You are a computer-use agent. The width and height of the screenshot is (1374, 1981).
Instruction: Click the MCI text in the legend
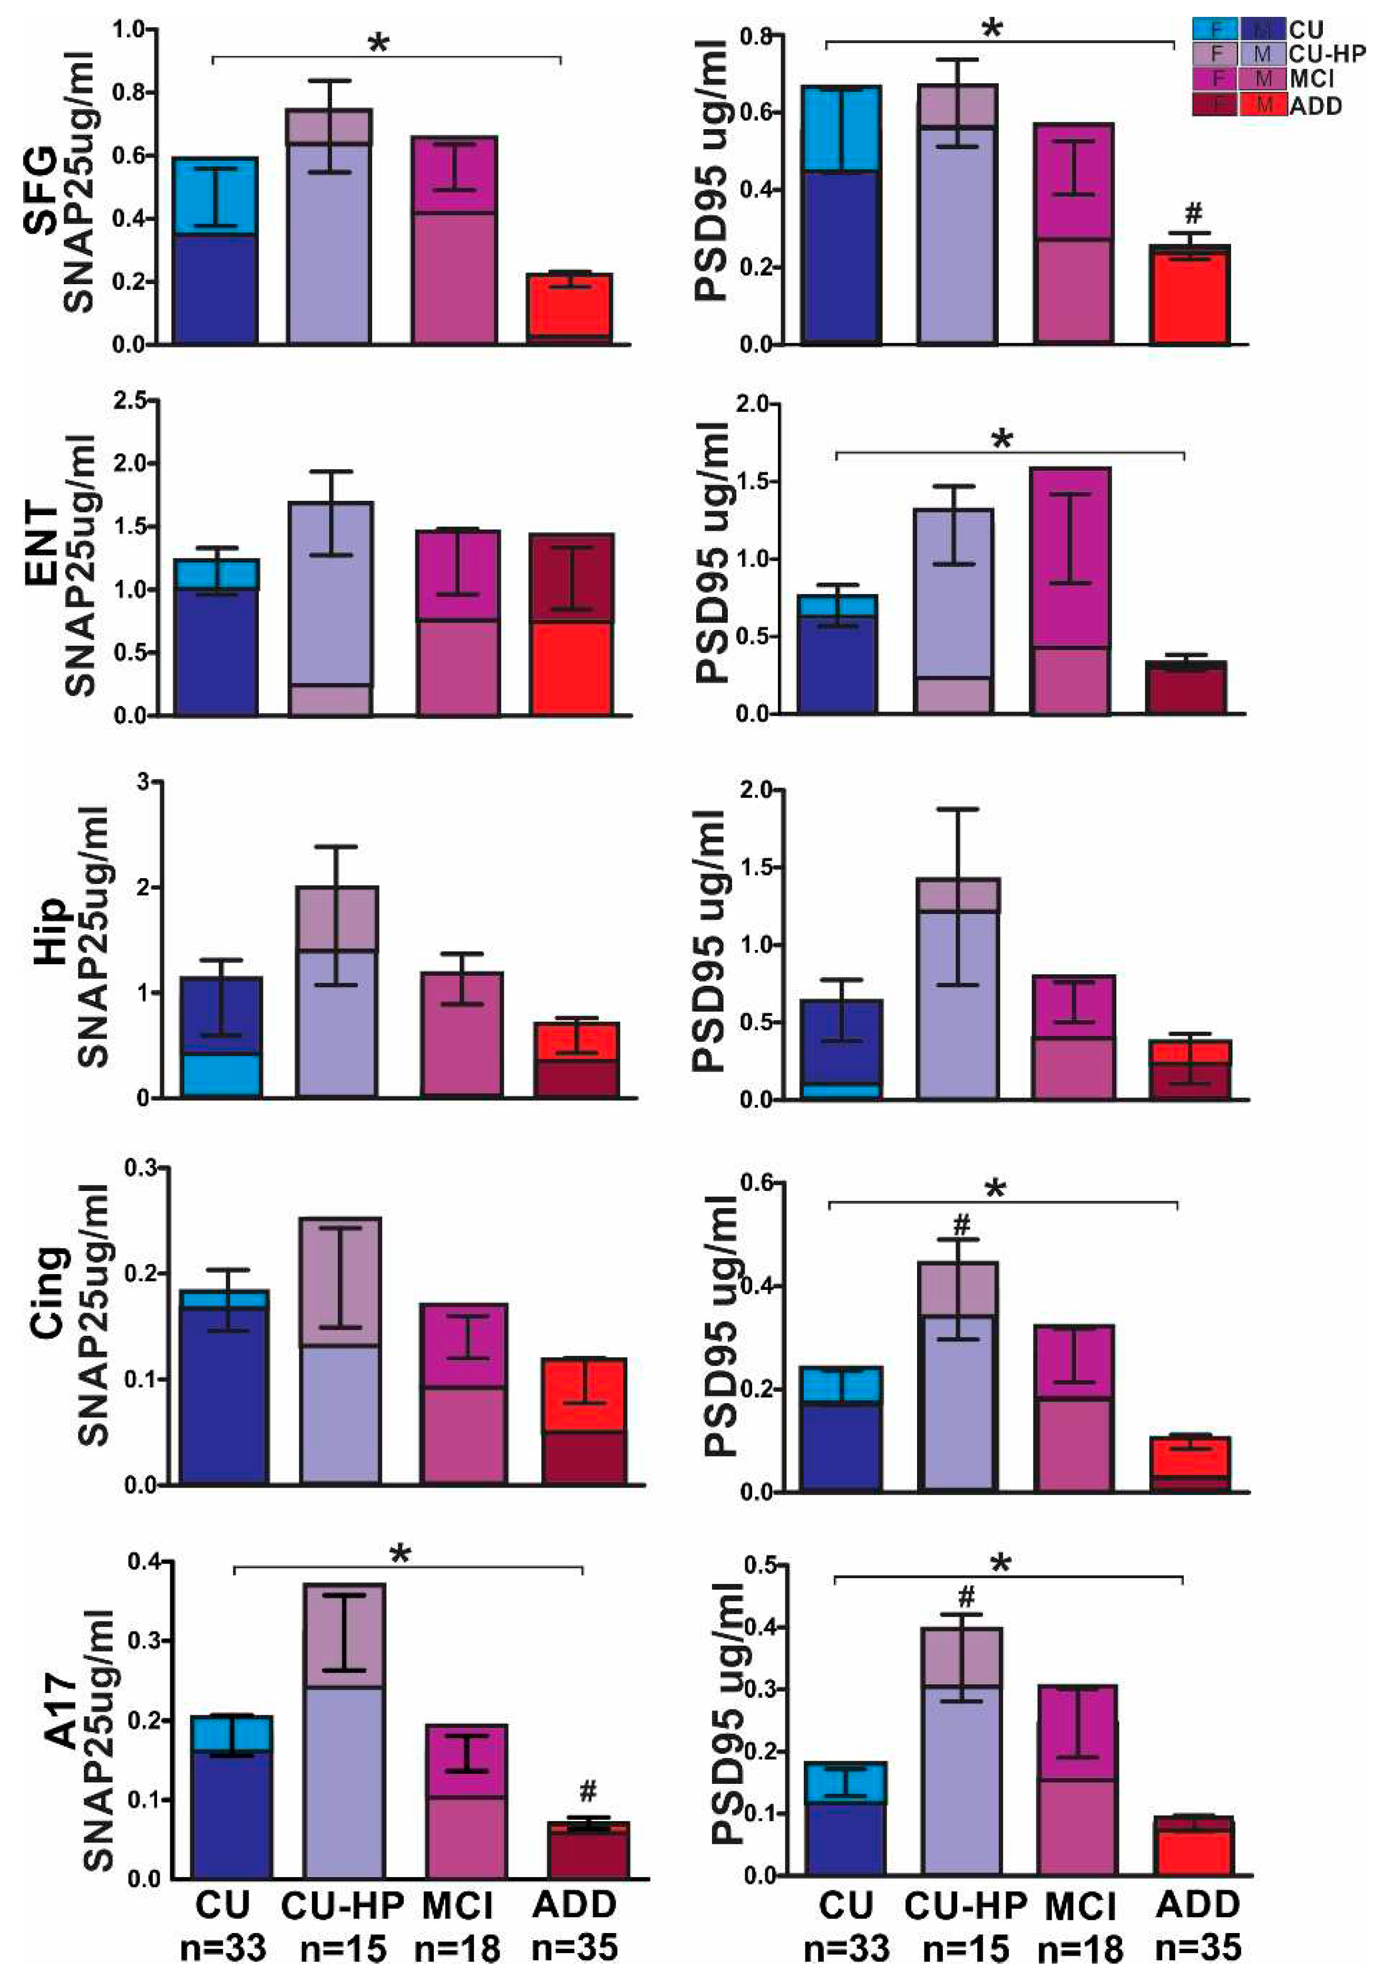click(1311, 79)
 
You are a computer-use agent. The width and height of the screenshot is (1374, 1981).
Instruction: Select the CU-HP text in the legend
click(1327, 53)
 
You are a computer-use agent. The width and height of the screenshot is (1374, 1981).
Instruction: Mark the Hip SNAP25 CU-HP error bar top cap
click(336, 847)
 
